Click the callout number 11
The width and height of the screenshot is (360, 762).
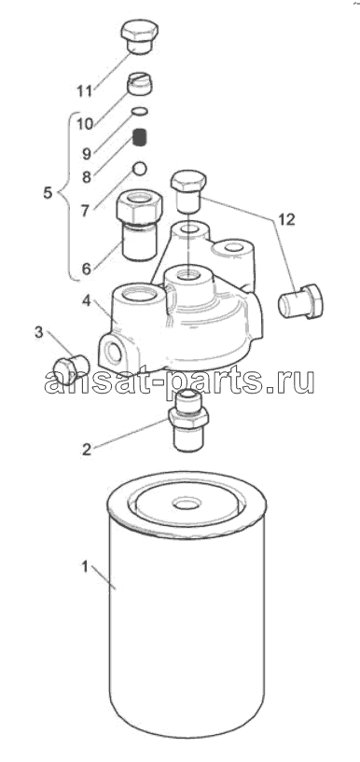[86, 90]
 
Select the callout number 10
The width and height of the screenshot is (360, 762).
[85, 123]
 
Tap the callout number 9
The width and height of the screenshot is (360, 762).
[87, 154]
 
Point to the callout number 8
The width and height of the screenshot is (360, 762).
[87, 177]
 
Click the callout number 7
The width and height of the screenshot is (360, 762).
[87, 212]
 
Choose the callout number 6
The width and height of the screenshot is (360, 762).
[87, 269]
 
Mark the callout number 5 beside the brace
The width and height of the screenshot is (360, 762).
[48, 192]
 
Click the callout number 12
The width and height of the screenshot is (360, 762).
[286, 219]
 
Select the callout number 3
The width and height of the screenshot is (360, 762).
[38, 332]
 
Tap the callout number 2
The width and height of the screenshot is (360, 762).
[87, 449]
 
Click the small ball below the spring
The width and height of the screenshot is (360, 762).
[140, 168]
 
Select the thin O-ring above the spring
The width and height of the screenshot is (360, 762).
[140, 112]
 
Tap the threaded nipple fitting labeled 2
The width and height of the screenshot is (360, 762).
[188, 420]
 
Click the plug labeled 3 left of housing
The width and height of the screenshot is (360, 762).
[71, 370]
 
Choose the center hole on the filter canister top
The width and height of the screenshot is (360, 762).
[187, 504]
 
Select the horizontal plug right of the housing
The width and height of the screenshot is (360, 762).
[299, 302]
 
